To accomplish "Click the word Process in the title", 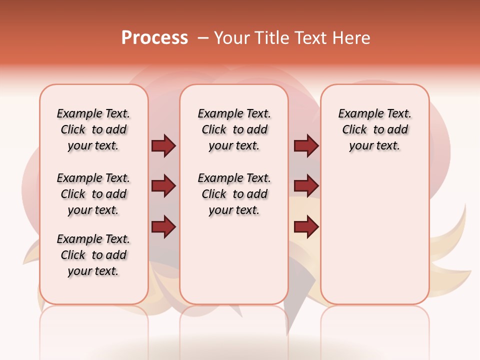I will [154, 38].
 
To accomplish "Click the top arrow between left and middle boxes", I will [163, 145].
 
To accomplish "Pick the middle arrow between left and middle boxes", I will [163, 186].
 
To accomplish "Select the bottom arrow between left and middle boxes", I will [163, 226].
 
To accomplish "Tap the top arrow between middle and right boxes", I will [306, 145].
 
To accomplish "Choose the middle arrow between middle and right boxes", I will [306, 186].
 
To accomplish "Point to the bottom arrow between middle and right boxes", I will [306, 226].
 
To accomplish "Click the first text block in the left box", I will [93, 129].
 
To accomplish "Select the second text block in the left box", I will [93, 194].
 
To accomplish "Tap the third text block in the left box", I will [93, 255].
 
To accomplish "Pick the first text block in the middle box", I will [234, 129].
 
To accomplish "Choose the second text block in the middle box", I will [234, 194].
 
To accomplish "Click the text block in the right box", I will [375, 129].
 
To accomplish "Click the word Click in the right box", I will [354, 130].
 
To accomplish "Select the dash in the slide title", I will [203, 38].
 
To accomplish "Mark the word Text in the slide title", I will [310, 38].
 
